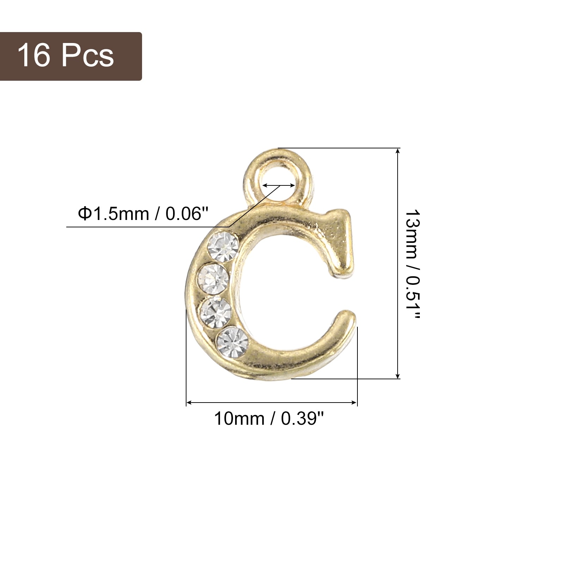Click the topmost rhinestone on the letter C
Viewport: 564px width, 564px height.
pos(223,246)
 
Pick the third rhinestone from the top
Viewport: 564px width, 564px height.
pos(216,312)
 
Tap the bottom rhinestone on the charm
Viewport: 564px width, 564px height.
pos(232,342)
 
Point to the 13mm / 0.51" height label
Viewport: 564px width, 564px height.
pos(412,264)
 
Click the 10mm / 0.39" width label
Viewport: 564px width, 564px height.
pos(269,419)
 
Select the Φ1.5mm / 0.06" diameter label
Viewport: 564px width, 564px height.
pos(143,214)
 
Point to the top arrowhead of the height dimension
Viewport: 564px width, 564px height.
pos(398,151)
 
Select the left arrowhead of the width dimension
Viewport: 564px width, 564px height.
pos(189,403)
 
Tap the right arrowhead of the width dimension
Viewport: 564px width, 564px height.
pos(355,403)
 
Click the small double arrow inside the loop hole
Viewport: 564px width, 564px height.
pos(279,185)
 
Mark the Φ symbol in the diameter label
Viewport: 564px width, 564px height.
pos(85,214)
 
